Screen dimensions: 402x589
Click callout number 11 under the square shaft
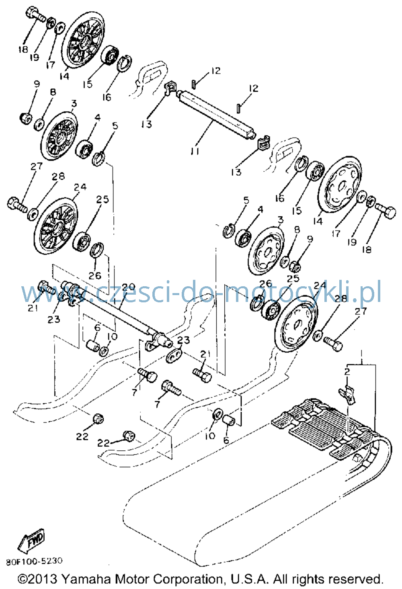click(x=195, y=151)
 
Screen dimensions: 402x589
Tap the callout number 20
click(x=128, y=287)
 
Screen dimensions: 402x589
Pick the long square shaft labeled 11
click(x=216, y=115)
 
